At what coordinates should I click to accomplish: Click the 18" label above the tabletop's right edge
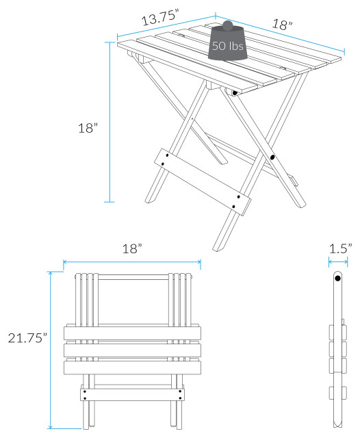pos(281,24)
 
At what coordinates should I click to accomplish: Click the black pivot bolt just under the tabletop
pos(235,92)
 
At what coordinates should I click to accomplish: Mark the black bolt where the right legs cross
pos(272,157)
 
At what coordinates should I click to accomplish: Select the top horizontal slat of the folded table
pos(132,333)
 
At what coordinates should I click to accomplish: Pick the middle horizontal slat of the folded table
pos(132,350)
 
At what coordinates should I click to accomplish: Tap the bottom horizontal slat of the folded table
pos(132,368)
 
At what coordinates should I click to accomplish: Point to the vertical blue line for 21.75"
pos(50,349)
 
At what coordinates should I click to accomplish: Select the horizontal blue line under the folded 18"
pos(131,261)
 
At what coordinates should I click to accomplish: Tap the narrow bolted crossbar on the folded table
pos(132,394)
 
